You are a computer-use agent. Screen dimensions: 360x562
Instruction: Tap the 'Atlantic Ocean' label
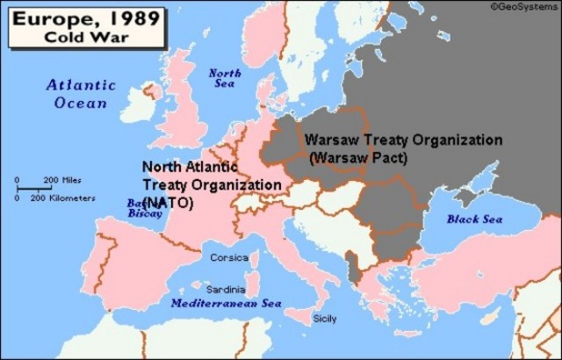[x=81, y=93]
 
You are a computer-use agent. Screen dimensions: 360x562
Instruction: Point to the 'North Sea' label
[x=225, y=77]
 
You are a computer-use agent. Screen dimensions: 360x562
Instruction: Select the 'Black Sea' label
[x=474, y=219]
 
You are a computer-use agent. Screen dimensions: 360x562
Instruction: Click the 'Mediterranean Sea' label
[x=226, y=303]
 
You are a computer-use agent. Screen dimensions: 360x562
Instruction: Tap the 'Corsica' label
[x=229, y=257]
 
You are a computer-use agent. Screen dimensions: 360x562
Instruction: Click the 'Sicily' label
[x=324, y=319]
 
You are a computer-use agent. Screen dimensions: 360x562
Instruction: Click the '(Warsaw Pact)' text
[x=359, y=158]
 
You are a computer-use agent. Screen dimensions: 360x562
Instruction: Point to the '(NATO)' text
[x=168, y=202]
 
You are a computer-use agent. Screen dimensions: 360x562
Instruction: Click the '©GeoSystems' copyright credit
[x=525, y=6]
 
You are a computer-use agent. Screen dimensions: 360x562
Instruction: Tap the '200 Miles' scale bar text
[x=61, y=180]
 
